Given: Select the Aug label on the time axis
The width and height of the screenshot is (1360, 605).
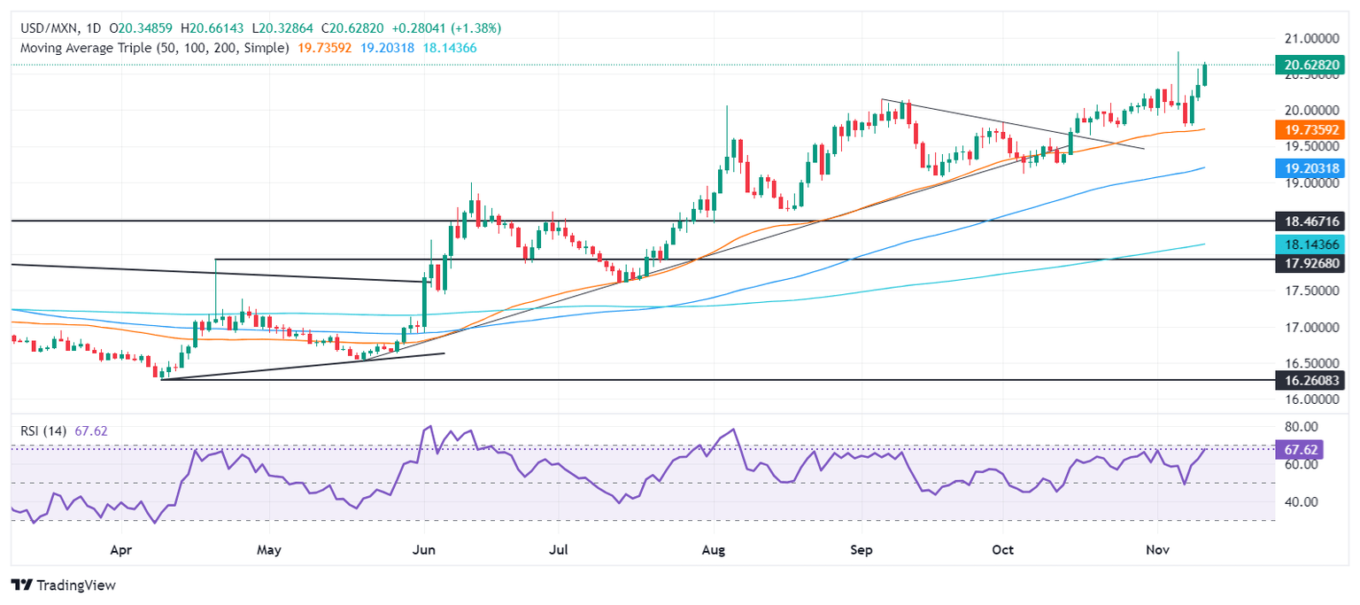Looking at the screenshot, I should (x=713, y=550).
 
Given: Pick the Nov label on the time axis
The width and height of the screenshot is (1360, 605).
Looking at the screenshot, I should (x=1157, y=550).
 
